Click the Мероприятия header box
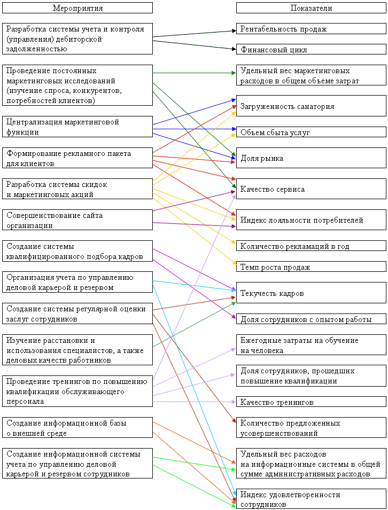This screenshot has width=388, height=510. [x=77, y=8]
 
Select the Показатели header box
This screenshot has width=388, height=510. [x=311, y=8]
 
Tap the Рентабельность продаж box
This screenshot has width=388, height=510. [x=311, y=29]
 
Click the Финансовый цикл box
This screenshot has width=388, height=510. [x=311, y=49]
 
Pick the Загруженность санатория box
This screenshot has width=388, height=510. [x=311, y=106]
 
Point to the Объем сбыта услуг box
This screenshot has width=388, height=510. [x=311, y=132]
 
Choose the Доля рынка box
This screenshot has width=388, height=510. [x=311, y=158]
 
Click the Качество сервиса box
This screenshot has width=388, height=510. [x=311, y=189]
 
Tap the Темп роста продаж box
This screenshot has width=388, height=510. [x=311, y=266]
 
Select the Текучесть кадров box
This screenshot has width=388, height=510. [x=311, y=293]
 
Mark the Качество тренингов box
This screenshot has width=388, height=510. [x=311, y=402]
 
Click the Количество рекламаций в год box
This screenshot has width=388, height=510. [x=311, y=246]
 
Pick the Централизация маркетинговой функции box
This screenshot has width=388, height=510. [x=77, y=127]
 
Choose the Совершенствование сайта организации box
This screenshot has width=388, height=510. [x=77, y=220]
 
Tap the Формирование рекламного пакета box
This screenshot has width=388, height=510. [x=77, y=158]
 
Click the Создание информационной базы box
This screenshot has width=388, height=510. [x=77, y=428]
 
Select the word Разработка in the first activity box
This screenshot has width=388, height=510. [x=26, y=29]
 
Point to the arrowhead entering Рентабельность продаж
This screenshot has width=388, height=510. [x=234, y=31]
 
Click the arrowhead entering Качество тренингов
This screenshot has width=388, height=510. [x=233, y=402]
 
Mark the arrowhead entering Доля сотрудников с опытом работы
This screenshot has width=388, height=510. [x=234, y=317]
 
